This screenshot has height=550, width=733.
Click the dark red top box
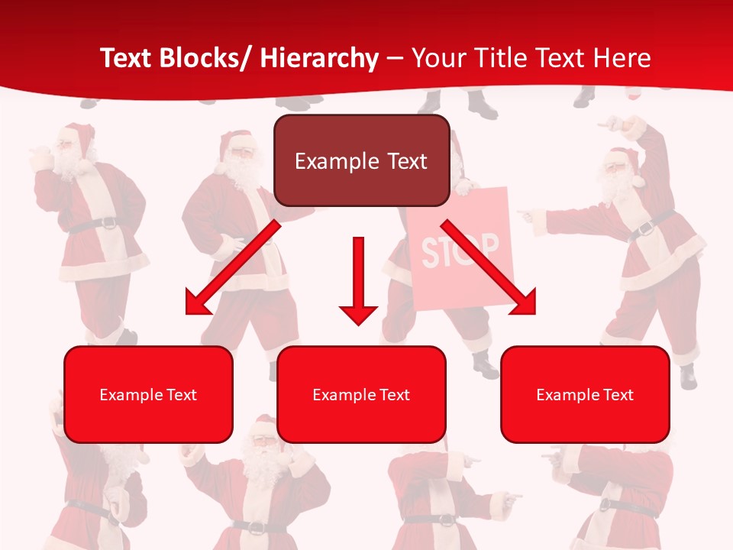[361, 160]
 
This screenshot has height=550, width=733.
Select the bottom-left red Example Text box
[148, 394]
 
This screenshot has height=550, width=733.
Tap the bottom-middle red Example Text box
[361, 394]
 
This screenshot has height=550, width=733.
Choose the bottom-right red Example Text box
[585, 394]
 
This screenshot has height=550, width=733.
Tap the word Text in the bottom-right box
[618, 395]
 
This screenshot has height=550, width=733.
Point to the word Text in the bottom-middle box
[394, 395]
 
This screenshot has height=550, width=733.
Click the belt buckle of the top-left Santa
[108, 224]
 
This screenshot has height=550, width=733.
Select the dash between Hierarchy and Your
[395, 58]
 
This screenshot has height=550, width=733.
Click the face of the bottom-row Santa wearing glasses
[263, 446]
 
